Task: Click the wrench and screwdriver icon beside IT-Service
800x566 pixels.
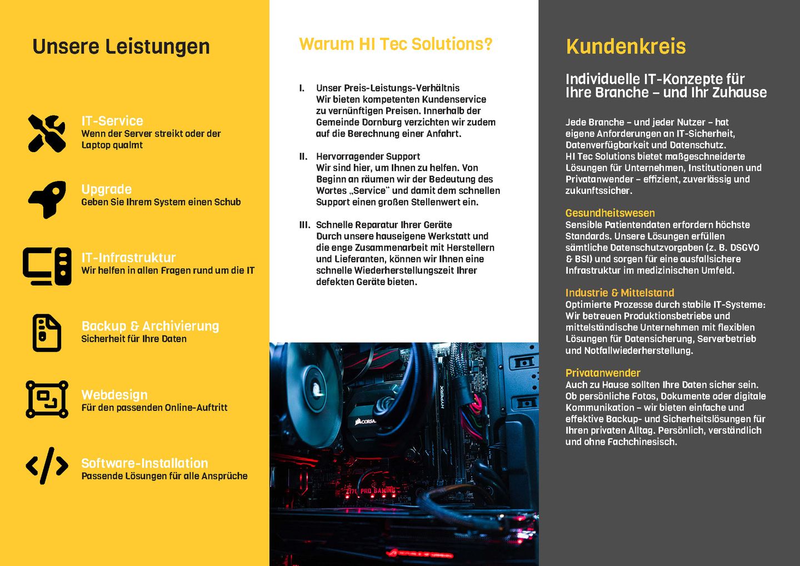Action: click(47, 133)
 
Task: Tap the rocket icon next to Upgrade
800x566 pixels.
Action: click(47, 199)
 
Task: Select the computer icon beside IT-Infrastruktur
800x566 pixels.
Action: click(47, 266)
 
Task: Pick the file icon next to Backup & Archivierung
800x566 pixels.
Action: click(47, 333)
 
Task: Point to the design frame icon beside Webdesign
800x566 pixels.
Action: click(47, 399)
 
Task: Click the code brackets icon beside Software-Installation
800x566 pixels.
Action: click(47, 465)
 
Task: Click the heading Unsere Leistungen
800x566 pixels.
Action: click(121, 47)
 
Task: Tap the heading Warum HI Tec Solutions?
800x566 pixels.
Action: click(396, 44)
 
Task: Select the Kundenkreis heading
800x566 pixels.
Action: click(626, 47)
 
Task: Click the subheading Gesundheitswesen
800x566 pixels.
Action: click(610, 213)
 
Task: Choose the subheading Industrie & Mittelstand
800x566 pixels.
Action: click(619, 293)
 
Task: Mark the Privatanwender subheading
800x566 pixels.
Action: click(603, 373)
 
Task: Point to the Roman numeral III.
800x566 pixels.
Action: click(304, 225)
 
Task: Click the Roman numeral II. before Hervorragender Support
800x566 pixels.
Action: click(303, 157)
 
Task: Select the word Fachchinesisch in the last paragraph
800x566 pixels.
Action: click(642, 442)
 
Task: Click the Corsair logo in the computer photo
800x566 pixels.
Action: click(366, 422)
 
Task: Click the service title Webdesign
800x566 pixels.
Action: click(114, 395)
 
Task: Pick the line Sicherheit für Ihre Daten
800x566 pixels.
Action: click(134, 339)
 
